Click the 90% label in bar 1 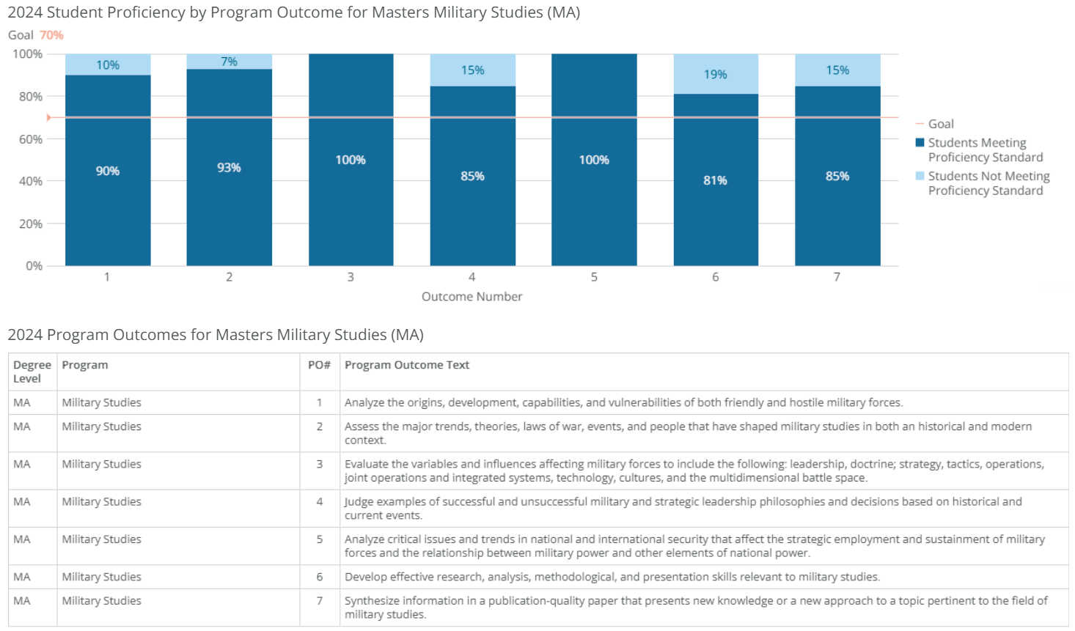pyautogui.click(x=108, y=171)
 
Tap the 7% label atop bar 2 pyautogui.click(x=230, y=62)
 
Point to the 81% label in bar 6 pyautogui.click(x=716, y=180)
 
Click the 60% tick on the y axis pyautogui.click(x=31, y=139)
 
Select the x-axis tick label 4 pyautogui.click(x=472, y=277)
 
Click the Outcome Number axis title pyautogui.click(x=472, y=297)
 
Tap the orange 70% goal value pyautogui.click(x=51, y=35)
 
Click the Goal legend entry pyautogui.click(x=940, y=124)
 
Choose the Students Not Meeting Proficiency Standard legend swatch pyautogui.click(x=920, y=176)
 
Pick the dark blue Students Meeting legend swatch pyautogui.click(x=920, y=143)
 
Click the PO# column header pyautogui.click(x=319, y=365)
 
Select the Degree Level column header pyautogui.click(x=32, y=372)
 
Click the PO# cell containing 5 pyautogui.click(x=320, y=539)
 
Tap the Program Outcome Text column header pyautogui.click(x=407, y=365)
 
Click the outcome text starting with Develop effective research pyautogui.click(x=612, y=577)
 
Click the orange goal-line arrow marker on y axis pyautogui.click(x=48, y=117)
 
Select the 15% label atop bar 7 pyautogui.click(x=837, y=70)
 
